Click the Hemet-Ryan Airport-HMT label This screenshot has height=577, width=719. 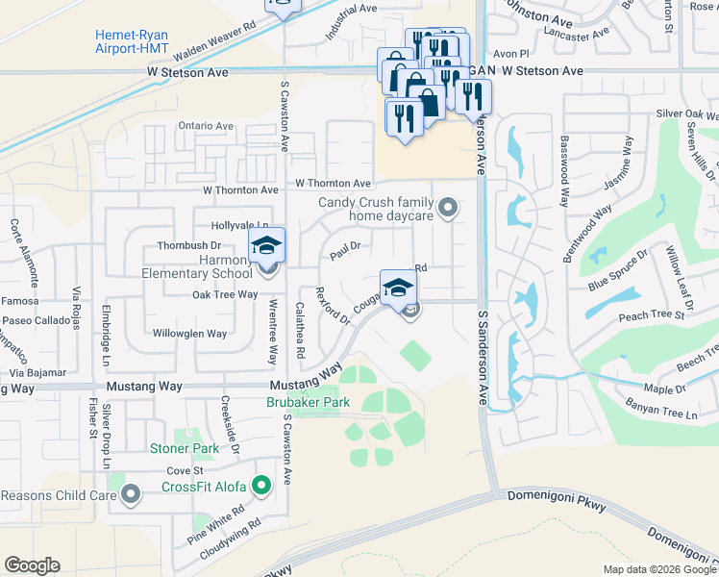click(132, 41)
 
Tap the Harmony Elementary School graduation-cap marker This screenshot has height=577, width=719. click(266, 244)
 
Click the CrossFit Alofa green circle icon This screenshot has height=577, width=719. click(260, 487)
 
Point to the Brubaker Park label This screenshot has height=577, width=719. click(309, 402)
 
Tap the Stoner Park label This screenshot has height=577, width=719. click(185, 448)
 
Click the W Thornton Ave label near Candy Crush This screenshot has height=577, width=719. click(333, 183)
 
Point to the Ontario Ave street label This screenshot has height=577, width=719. click(206, 126)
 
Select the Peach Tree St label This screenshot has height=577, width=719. click(653, 314)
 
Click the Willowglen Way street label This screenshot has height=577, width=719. click(189, 334)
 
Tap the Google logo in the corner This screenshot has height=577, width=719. click(32, 565)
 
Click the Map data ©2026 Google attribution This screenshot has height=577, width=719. click(658, 569)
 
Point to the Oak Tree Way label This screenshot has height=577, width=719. click(225, 295)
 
